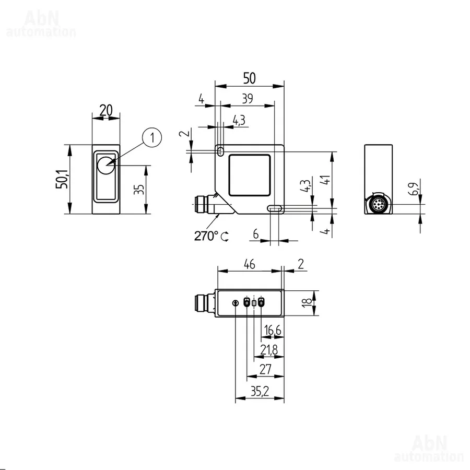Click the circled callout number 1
pos(152,137)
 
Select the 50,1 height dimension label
pos(62,179)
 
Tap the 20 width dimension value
pos(106,110)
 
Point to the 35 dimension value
pos(139,190)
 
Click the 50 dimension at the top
pos(249,78)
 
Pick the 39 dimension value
pos(248,99)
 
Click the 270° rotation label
pos(206,236)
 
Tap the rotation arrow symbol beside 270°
pos(225,237)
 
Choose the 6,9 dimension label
pos(414,189)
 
